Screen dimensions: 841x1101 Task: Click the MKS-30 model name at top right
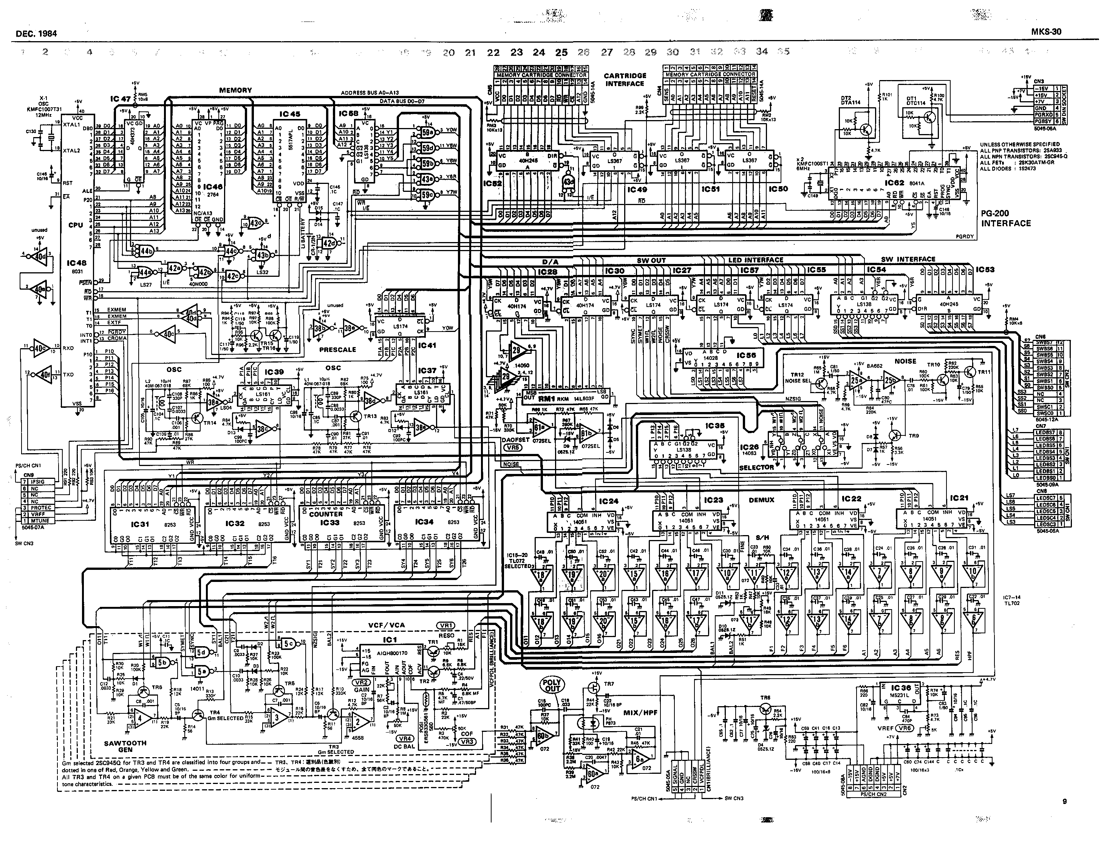[1046, 32]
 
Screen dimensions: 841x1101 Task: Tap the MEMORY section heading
[235, 90]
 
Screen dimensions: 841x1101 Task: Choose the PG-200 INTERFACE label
[1005, 218]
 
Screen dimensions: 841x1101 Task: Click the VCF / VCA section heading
[386, 625]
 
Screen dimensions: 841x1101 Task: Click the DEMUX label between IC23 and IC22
[761, 500]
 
